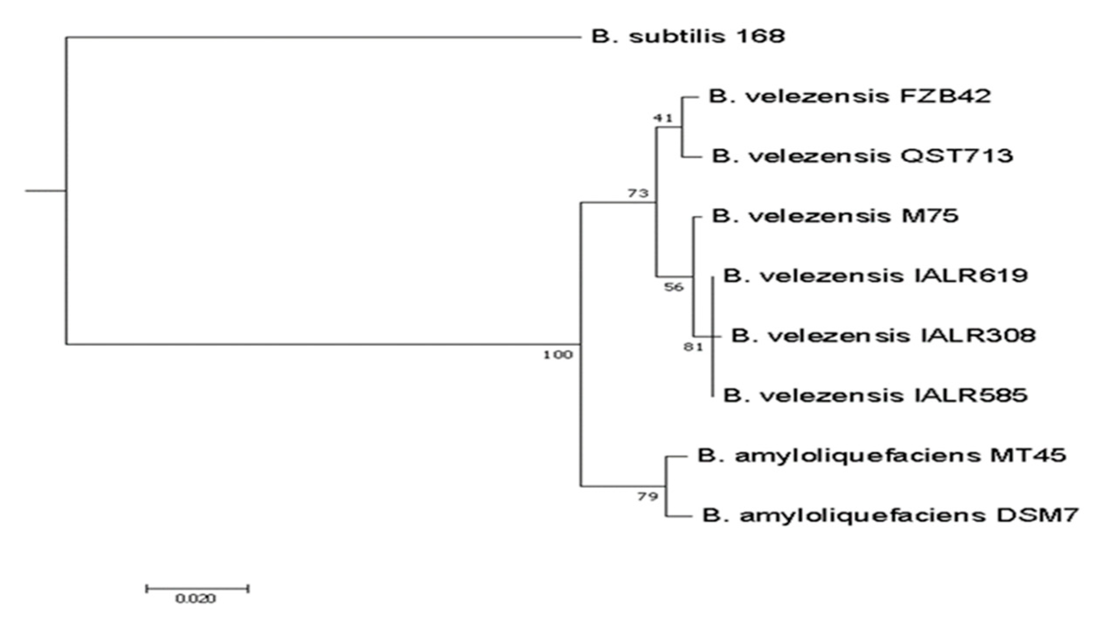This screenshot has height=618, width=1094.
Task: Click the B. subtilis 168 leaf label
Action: (688, 36)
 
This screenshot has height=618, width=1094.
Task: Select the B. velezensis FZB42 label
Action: (850, 96)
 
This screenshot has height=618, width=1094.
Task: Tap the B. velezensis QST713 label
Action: (863, 156)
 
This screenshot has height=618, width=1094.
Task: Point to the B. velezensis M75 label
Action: (835, 216)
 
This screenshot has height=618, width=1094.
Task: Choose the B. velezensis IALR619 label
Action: (876, 275)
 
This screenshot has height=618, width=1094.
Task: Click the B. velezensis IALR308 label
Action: (883, 336)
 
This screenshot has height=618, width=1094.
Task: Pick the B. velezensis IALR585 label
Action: (876, 395)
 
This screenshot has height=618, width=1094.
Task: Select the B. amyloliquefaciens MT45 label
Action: (882, 456)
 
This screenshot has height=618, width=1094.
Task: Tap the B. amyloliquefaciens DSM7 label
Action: (890, 515)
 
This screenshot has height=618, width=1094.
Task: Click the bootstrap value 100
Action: (558, 355)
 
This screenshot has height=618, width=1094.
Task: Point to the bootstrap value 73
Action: (638, 193)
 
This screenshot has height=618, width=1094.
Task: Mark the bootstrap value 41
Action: (663, 117)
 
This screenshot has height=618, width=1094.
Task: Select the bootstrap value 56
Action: (674, 287)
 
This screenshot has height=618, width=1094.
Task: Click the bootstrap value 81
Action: (693, 347)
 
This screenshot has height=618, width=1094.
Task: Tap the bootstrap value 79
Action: (648, 496)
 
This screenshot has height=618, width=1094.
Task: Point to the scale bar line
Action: (197, 588)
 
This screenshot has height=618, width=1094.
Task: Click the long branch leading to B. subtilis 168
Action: (323, 37)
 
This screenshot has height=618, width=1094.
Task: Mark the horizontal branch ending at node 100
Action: (323, 344)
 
